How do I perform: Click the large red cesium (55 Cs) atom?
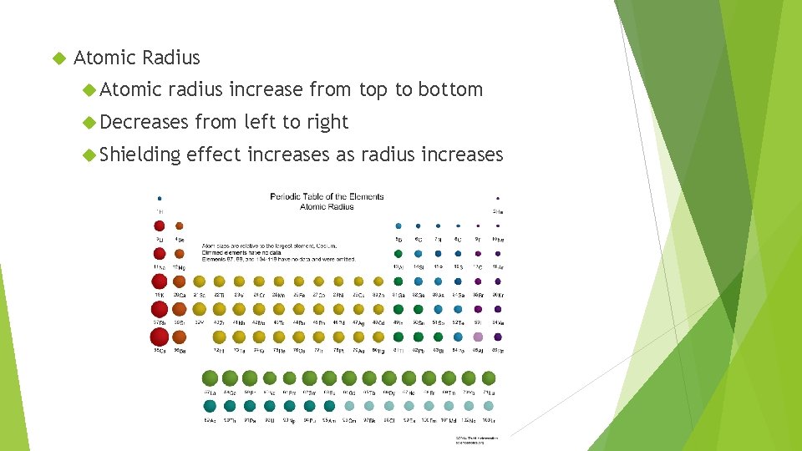click(159, 337)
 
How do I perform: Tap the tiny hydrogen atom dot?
click(159, 199)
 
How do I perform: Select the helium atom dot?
click(498, 199)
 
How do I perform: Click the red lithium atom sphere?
click(159, 225)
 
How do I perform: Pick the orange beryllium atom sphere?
click(179, 225)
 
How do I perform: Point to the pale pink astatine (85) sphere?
click(478, 337)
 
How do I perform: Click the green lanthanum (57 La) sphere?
click(209, 378)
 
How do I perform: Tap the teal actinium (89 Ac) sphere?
click(209, 406)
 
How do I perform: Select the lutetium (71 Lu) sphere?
click(490, 378)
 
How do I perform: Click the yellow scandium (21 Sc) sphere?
click(200, 282)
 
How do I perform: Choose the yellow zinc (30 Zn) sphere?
click(378, 282)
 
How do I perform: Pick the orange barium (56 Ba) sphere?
click(179, 337)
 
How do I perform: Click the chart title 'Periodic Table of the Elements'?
click(326, 197)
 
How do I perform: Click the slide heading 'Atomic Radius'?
click(137, 58)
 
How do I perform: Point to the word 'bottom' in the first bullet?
click(451, 89)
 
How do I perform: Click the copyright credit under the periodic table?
click(476, 439)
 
